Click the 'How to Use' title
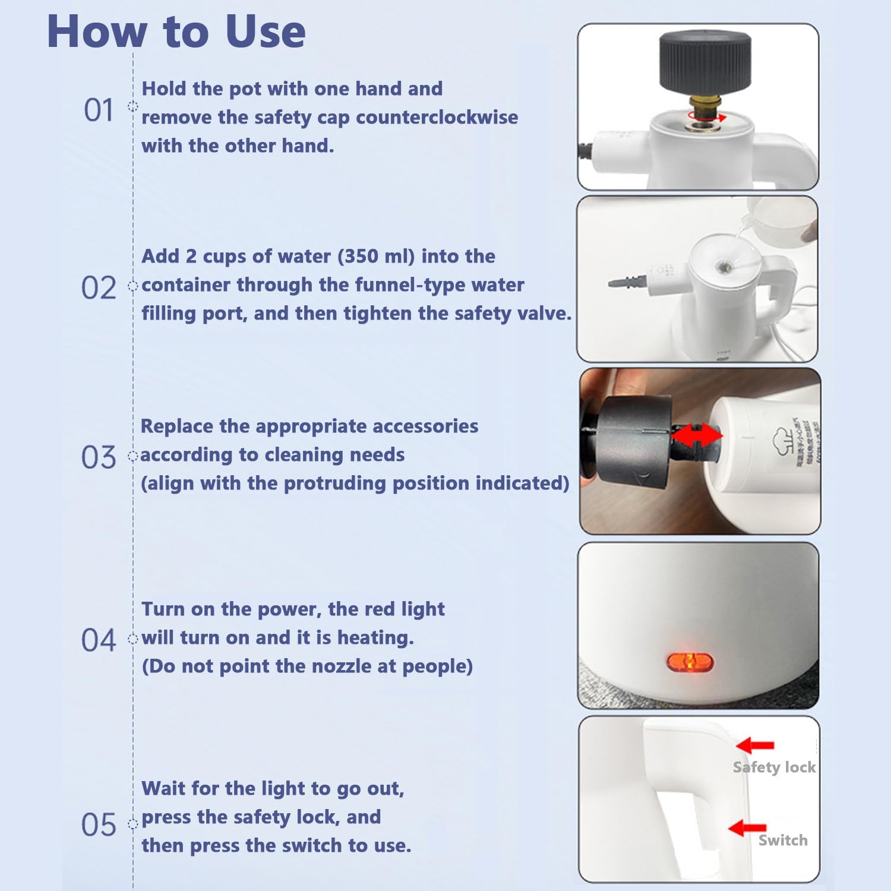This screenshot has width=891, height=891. (x=176, y=31)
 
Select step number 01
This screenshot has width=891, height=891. (x=99, y=110)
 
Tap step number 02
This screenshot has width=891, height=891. (x=99, y=288)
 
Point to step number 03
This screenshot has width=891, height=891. (x=99, y=457)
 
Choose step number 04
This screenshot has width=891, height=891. (x=99, y=640)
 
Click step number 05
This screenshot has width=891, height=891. (x=99, y=825)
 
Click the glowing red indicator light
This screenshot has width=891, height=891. (x=690, y=661)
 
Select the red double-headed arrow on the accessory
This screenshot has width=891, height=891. (x=697, y=435)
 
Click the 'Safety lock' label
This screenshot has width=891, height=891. (x=774, y=767)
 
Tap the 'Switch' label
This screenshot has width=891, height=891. (x=782, y=840)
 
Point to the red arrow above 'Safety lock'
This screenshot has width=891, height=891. (x=755, y=745)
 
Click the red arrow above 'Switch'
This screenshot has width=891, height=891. (x=747, y=827)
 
